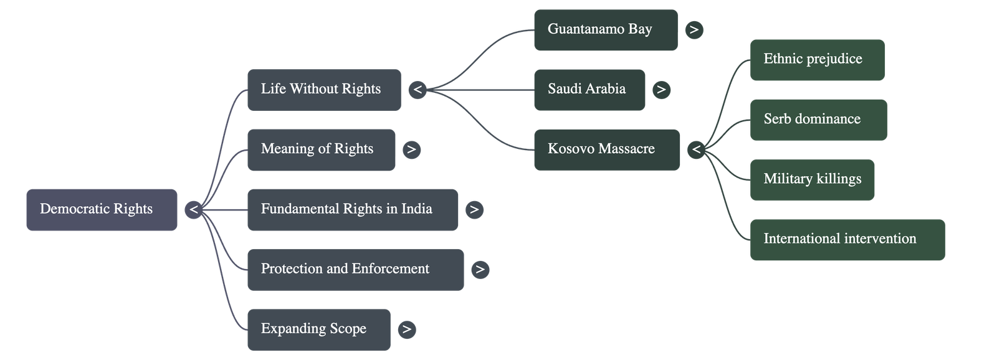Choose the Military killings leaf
point(812,179)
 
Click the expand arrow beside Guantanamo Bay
point(694,29)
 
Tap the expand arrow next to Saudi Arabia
point(661,90)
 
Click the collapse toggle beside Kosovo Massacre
point(696,149)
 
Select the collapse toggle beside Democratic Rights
point(194,209)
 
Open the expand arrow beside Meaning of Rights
point(411,149)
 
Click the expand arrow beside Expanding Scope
point(406,329)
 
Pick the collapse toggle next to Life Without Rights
point(417,90)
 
